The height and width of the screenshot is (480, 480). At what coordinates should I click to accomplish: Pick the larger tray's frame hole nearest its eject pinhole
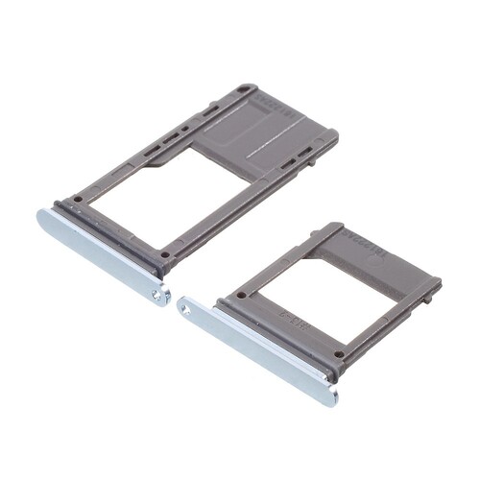[x=165, y=255]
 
